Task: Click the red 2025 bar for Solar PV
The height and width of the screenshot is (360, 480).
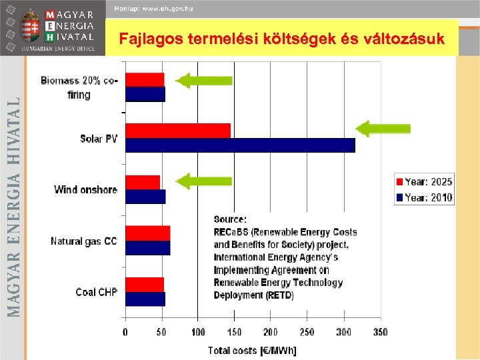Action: [177, 131]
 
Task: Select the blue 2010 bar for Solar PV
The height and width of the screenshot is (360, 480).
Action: [240, 145]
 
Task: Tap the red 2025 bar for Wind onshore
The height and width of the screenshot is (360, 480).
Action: [143, 182]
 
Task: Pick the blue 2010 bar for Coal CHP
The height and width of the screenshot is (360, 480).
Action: [145, 299]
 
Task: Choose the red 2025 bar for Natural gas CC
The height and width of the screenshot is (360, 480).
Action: [147, 233]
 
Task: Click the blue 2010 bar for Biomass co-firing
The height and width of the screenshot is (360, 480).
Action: [145, 94]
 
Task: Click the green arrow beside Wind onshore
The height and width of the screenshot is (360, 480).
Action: [204, 181]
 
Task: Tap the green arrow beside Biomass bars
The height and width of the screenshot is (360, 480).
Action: [204, 80]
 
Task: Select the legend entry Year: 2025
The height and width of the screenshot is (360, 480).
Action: [425, 181]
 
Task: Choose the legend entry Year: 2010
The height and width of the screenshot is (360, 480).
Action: [425, 197]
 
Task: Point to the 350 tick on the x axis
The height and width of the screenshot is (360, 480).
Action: [380, 332]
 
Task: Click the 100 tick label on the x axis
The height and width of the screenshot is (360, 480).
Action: [198, 332]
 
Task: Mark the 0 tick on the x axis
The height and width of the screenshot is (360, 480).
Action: [125, 332]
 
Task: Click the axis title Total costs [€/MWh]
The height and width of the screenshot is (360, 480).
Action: [252, 349]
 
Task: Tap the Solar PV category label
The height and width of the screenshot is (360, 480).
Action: [99, 139]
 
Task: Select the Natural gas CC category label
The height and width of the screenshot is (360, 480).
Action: [84, 241]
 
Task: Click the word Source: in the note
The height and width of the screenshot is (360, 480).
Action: [230, 219]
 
